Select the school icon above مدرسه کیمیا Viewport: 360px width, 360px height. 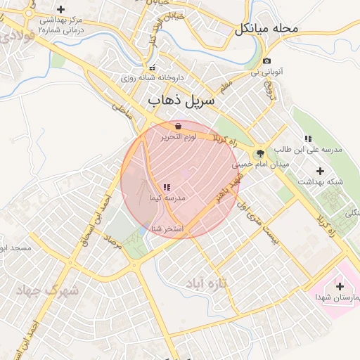point(167,187)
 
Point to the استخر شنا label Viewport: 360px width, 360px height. point(167,229)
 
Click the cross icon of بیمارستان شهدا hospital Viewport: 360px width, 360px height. point(340,286)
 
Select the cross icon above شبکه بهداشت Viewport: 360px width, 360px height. point(321,170)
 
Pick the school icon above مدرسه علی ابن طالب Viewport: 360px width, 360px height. point(308,139)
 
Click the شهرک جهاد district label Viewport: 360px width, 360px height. point(53,289)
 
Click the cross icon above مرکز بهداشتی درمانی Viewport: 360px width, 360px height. point(60,10)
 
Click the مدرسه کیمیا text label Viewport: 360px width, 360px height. point(167,199)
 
